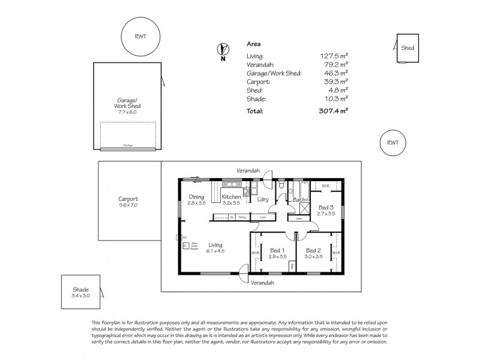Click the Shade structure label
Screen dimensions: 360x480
click(80, 292)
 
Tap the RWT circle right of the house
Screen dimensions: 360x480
click(392, 143)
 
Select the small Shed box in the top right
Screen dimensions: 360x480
click(407, 49)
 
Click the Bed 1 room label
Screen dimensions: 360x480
click(277, 250)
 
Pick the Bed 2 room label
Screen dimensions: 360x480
click(314, 250)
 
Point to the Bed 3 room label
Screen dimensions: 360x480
click(326, 208)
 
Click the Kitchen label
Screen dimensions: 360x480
click(231, 197)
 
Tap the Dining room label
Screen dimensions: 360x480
click(197, 197)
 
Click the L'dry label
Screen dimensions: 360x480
click(263, 199)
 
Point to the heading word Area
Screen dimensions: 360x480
click(254, 44)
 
